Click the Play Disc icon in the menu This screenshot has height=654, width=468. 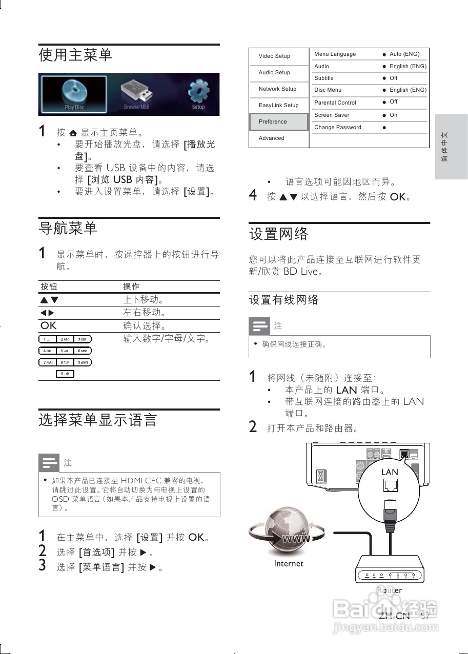[x=74, y=94]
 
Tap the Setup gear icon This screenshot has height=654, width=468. [x=198, y=93]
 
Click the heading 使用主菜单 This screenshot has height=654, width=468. [x=76, y=55]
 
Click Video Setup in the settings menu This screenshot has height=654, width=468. [x=275, y=56]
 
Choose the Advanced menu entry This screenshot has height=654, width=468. [x=272, y=138]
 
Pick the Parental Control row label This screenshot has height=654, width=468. [x=335, y=103]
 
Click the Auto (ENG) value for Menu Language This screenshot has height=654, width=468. [x=404, y=54]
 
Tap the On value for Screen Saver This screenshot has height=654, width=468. [x=393, y=115]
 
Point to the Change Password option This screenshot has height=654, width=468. [x=338, y=128]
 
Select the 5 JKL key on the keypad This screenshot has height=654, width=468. [x=65, y=351]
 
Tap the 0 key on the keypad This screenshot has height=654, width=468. [x=65, y=374]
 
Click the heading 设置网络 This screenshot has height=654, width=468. [x=279, y=234]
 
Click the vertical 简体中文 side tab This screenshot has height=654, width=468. [x=451, y=147]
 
